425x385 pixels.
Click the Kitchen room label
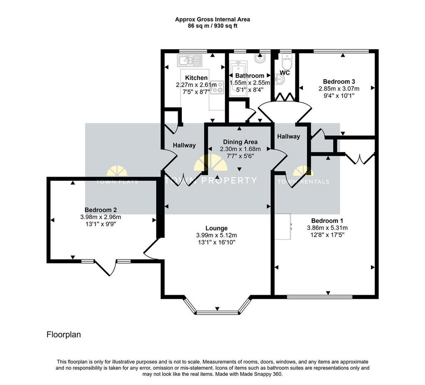196,77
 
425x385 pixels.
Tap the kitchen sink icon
190,61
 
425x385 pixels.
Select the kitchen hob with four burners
217,87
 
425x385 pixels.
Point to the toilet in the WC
286,61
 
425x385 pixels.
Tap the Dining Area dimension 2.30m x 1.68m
240,149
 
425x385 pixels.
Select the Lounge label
216,228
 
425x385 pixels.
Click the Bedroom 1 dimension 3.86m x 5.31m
327,228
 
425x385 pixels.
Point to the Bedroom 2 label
100,210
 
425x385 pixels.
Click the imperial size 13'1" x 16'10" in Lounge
216,242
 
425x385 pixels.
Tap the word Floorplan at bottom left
64,335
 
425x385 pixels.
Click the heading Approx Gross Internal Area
212,19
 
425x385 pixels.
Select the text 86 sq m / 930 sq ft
212,26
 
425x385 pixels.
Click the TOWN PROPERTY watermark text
211,180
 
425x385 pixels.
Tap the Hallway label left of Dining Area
184,145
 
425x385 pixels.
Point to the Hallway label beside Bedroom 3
288,136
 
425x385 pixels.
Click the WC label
285,73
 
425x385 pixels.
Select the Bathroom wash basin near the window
260,58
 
